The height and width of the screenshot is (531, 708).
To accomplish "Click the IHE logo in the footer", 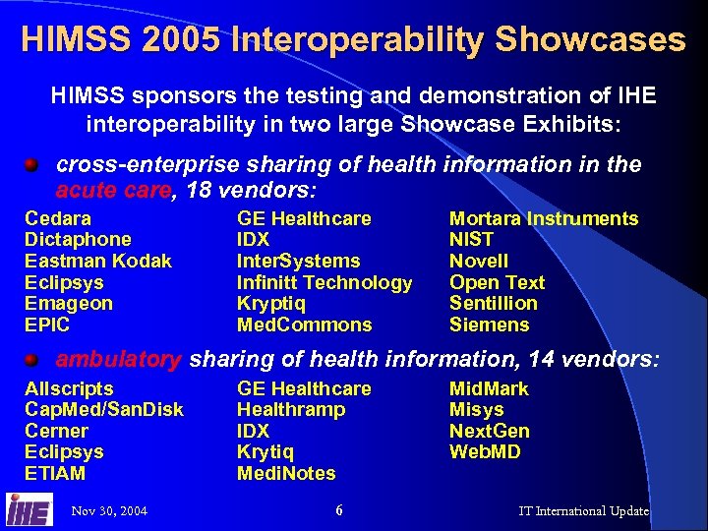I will [x=29, y=510].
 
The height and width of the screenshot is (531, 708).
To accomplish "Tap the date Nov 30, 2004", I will [x=109, y=511].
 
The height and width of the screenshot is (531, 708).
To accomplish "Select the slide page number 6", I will [x=338, y=510].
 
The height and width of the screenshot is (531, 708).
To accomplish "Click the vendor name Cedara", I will [x=57, y=218].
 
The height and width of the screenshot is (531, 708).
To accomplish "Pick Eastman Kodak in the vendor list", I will [x=97, y=261].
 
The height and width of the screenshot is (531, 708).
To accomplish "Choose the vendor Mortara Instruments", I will [x=544, y=218].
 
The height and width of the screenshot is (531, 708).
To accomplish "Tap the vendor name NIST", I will [x=471, y=239].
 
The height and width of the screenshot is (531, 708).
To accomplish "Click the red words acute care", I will [x=111, y=189].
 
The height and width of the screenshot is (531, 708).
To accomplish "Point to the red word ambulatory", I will [x=118, y=360].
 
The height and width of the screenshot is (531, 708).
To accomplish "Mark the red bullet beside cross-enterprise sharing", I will [x=32, y=164].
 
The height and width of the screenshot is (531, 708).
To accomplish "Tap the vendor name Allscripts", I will [x=69, y=388].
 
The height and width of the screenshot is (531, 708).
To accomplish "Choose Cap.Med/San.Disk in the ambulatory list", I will [x=103, y=409].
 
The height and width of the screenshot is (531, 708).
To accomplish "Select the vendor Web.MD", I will [x=485, y=452].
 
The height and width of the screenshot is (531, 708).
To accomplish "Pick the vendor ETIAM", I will [x=55, y=473].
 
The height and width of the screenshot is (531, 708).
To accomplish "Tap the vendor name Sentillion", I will [x=494, y=303].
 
